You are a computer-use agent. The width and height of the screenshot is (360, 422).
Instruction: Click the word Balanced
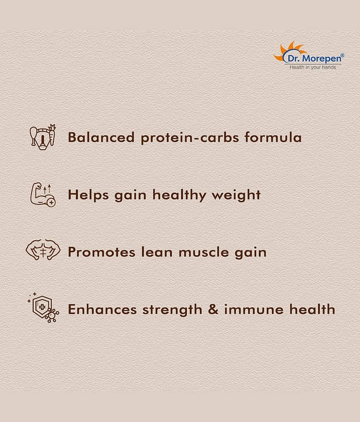tap(101, 137)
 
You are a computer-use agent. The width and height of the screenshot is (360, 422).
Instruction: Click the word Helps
tap(88, 195)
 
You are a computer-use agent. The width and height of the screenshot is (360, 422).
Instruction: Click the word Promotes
tap(101, 252)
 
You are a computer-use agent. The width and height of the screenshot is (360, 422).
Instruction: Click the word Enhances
tap(102, 309)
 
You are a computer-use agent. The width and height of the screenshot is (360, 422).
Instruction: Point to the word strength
tap(172, 310)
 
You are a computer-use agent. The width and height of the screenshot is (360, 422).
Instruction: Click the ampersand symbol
tap(213, 309)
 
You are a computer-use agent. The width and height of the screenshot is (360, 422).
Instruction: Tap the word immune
tap(254, 309)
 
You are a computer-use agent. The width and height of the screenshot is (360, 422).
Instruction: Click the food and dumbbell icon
tap(43, 137)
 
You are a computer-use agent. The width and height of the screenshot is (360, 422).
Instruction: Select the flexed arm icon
tap(43, 195)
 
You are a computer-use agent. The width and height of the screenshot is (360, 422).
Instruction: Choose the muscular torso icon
tap(43, 250)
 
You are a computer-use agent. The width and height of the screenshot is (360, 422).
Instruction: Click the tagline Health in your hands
tap(313, 67)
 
